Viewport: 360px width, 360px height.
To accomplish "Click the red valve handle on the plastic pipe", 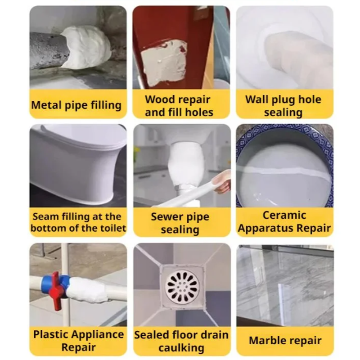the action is coord(56,290).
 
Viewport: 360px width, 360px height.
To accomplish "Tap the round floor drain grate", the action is coord(182,286).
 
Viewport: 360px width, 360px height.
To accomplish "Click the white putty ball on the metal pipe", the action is coord(87,47).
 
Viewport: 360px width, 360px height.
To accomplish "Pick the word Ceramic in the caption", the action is coord(284,216).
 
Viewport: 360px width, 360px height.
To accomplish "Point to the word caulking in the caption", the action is coord(181,348).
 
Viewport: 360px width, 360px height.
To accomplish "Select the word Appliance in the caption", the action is coord(98,335).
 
